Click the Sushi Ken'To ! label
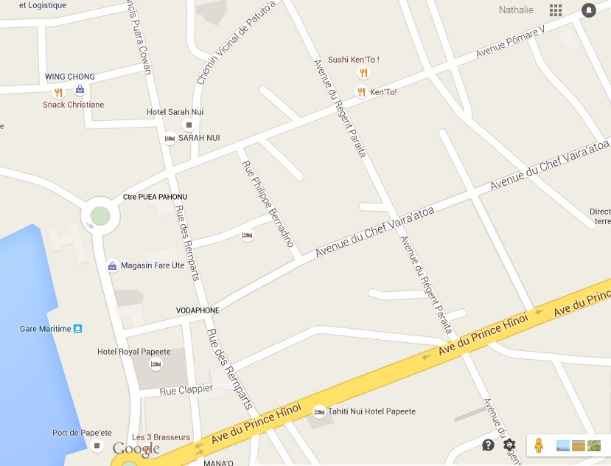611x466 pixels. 353,60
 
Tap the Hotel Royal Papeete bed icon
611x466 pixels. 156,364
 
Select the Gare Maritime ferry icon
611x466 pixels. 78,329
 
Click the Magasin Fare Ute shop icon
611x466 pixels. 112,266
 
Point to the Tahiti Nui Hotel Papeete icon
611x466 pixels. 319,412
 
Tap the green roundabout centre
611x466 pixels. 100,217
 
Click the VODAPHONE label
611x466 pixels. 198,310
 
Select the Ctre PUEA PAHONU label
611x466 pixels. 155,197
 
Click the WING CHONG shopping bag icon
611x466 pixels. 80,90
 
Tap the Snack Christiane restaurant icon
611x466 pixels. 58,93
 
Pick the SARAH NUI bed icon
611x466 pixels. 170,139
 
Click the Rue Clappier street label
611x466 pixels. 186,389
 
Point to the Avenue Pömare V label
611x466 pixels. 510,43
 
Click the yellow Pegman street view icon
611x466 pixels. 539,445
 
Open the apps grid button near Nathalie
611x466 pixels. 556,10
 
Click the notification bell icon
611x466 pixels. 588,10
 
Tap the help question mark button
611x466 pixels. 488,445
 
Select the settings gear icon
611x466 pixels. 509,445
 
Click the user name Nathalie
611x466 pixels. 516,10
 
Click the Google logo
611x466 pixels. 136,449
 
